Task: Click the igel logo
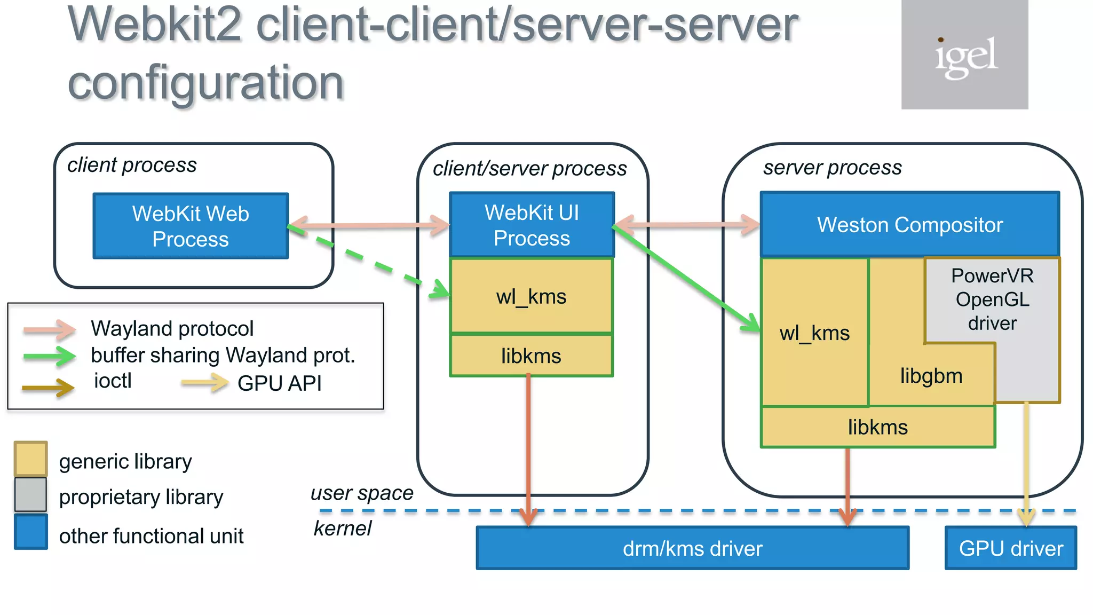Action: [x=964, y=55]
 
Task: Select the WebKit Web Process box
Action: [x=191, y=226]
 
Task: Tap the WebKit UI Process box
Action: [x=532, y=225]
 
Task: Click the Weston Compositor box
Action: [x=909, y=225]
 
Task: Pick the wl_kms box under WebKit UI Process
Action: [x=532, y=296]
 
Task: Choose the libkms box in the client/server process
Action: [x=532, y=356]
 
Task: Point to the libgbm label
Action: [x=931, y=376]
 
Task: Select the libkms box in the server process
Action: [x=877, y=427]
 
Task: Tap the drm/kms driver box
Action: [x=692, y=548]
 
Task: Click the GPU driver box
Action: [x=1010, y=548]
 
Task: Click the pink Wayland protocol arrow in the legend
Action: [x=50, y=329]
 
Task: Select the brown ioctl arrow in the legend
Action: [x=48, y=388]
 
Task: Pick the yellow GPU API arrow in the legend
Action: [x=204, y=382]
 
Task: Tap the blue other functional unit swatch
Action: [x=30, y=532]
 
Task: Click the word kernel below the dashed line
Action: [x=342, y=529]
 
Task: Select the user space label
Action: [x=362, y=493]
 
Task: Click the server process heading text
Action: [x=832, y=168]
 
